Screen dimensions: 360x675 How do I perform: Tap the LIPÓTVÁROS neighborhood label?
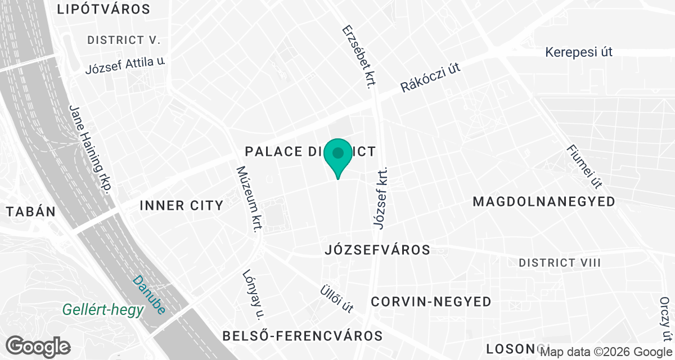[103, 10]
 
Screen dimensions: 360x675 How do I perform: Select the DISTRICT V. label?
[124, 40]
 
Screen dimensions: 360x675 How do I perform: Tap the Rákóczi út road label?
[430, 78]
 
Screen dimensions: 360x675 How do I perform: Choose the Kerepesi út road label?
[578, 52]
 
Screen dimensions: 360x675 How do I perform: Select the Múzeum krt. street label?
[249, 199]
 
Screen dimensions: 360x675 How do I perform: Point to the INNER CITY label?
[181, 206]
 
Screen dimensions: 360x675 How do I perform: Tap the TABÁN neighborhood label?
[30, 212]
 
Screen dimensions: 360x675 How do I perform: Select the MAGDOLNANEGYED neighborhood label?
[544, 202]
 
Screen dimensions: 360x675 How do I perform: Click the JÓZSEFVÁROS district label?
[377, 250]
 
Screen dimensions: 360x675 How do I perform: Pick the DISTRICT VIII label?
[560, 263]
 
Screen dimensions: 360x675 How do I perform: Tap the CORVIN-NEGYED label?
[431, 302]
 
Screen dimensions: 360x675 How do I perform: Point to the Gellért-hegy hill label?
[103, 310]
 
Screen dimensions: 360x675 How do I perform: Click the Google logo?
[39, 346]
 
